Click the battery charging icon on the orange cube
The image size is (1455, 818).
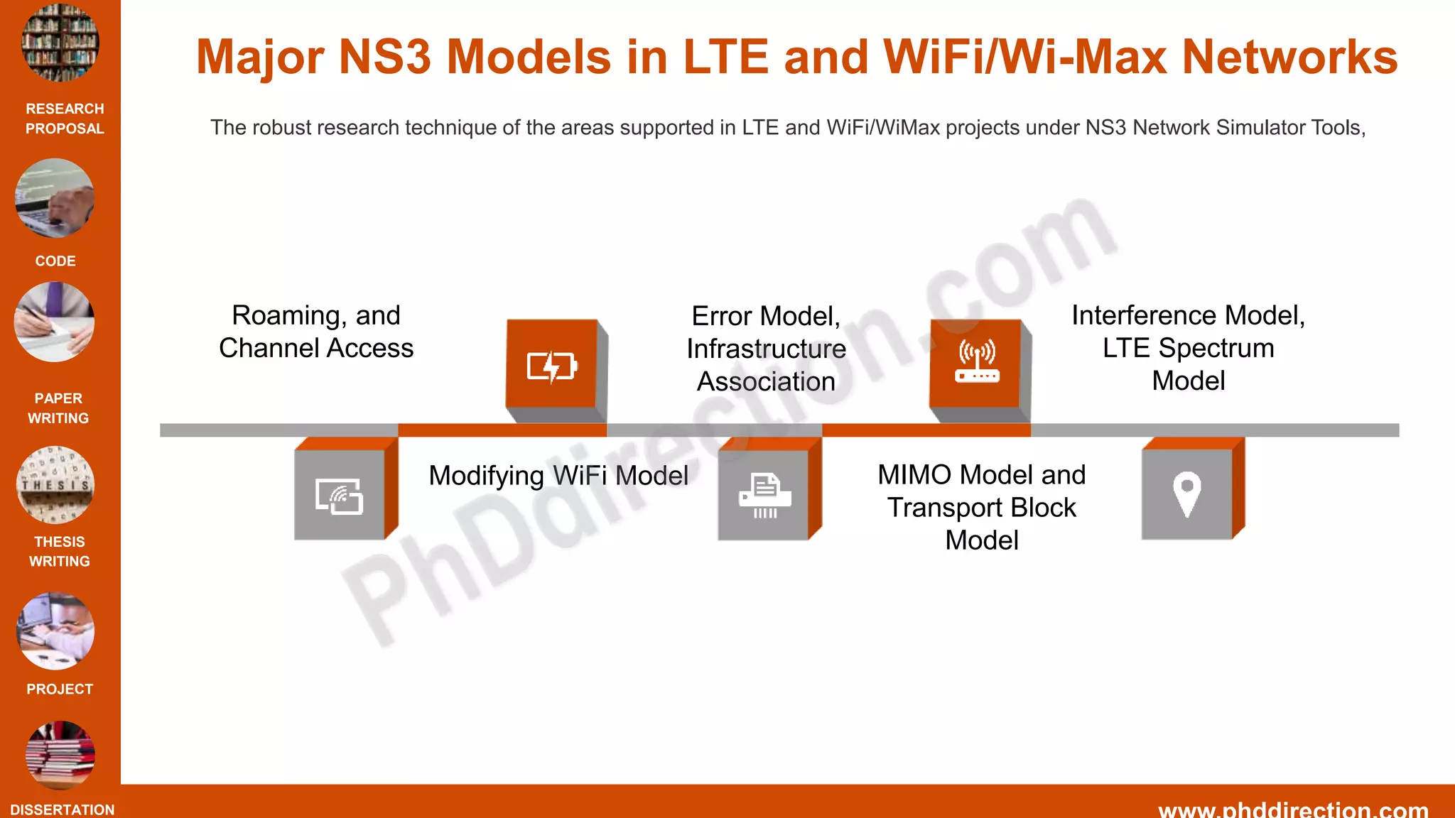pyautogui.click(x=552, y=366)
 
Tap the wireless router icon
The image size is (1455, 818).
pyautogui.click(x=977, y=361)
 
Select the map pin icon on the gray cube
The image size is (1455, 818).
pyautogui.click(x=1186, y=493)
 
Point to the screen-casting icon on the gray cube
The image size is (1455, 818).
pyautogui.click(x=340, y=496)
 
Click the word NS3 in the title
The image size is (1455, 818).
pyautogui.click(x=384, y=57)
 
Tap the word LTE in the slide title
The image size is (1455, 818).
pyautogui.click(x=725, y=57)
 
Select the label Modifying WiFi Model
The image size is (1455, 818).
pyautogui.click(x=558, y=476)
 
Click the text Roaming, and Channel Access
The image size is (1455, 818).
pyautogui.click(x=316, y=332)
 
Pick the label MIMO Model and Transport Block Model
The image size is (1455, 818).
pyautogui.click(x=982, y=507)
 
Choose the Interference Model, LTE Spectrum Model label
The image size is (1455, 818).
pyautogui.click(x=1188, y=348)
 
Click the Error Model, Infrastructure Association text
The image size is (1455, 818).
pyautogui.click(x=766, y=349)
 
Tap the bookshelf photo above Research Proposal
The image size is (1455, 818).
pyautogui.click(x=60, y=43)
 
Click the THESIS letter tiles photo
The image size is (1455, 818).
pyautogui.click(x=55, y=485)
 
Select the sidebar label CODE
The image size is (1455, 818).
pyautogui.click(x=55, y=261)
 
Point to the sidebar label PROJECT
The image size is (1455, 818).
pyautogui.click(x=60, y=689)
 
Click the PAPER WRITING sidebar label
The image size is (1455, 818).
pyautogui.click(x=58, y=408)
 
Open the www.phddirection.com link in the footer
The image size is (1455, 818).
pyautogui.click(x=1293, y=809)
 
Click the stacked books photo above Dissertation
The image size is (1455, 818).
pyautogui.click(x=60, y=755)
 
